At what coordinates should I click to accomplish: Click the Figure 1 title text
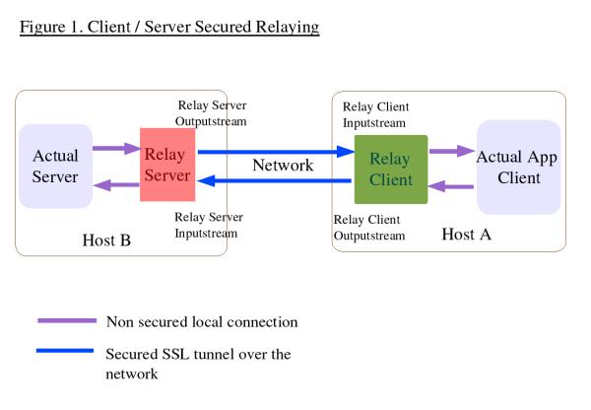[x=169, y=27]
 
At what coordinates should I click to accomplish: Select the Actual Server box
[x=55, y=166]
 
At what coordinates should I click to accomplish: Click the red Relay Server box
[x=167, y=165]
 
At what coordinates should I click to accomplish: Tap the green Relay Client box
[x=391, y=170]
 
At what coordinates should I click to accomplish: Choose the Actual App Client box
[x=518, y=168]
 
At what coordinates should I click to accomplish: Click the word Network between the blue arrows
[x=283, y=165]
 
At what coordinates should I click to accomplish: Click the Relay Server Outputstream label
[x=212, y=112]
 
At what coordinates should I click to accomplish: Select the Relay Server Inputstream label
[x=208, y=225]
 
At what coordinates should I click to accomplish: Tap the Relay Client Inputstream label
[x=375, y=115]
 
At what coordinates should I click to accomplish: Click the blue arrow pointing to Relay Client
[x=276, y=152]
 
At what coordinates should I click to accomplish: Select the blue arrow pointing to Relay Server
[x=276, y=180]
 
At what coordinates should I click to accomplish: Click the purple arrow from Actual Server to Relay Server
[x=116, y=149]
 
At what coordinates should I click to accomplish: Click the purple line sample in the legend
[x=67, y=321]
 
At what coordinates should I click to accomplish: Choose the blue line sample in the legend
[x=67, y=353]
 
